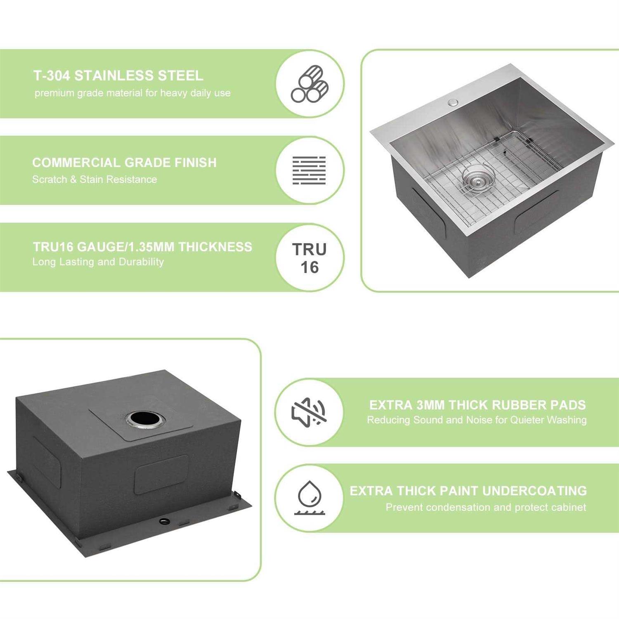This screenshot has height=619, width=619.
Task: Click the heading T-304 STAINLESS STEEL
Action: click(118, 76)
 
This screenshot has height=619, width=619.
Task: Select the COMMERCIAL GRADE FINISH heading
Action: click(124, 163)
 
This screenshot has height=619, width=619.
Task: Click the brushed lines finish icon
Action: click(309, 170)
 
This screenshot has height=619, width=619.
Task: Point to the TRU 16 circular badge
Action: click(309, 258)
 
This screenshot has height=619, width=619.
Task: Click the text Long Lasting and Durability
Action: click(98, 262)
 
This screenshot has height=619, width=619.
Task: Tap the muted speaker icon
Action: click(309, 412)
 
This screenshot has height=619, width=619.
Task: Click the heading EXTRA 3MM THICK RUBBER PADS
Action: click(477, 405)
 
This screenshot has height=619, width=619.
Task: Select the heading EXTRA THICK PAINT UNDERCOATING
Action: click(468, 491)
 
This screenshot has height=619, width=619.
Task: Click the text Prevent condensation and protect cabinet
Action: click(486, 507)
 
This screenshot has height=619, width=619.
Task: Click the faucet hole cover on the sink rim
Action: click(453, 102)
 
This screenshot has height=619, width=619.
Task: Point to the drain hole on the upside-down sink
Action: click(144, 419)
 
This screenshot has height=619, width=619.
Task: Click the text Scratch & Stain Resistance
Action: click(95, 180)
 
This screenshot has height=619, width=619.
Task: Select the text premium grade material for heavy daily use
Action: click(132, 93)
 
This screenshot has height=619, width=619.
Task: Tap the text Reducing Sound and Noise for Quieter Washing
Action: click(477, 420)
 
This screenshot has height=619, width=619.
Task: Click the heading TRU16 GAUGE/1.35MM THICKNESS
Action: click(142, 247)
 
